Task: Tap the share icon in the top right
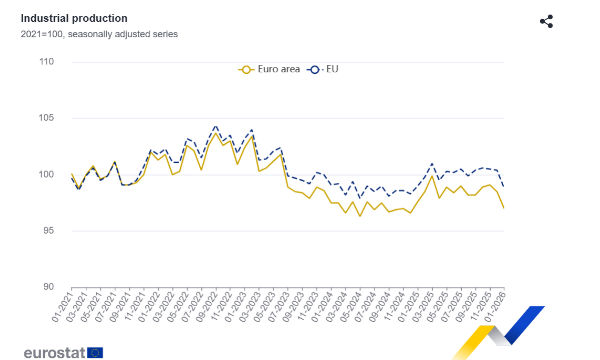click(546, 21)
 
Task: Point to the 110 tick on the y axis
click(46, 62)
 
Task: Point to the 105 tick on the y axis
click(46, 118)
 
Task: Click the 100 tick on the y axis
click(46, 174)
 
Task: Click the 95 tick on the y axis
click(48, 230)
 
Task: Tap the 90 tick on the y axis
click(48, 287)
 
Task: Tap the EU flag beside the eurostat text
click(95, 351)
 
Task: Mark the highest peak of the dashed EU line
click(215, 127)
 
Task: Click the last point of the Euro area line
click(503, 207)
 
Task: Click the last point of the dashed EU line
click(503, 186)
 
